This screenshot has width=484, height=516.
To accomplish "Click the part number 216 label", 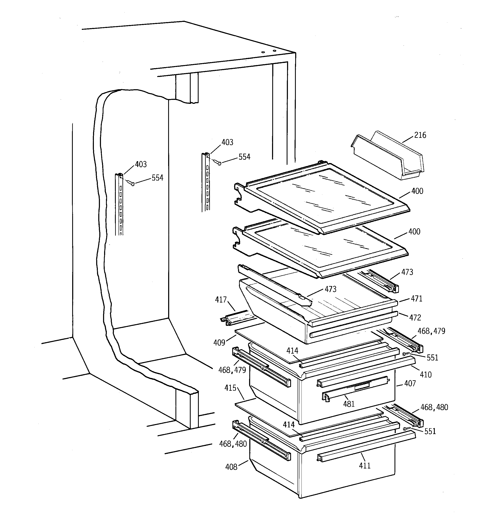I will (x=420, y=135).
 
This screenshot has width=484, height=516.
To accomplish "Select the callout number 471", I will (x=416, y=299).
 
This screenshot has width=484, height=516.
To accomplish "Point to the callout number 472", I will (x=415, y=318).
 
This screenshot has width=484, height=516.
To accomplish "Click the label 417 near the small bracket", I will (x=221, y=300).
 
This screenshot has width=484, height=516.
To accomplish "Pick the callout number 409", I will (x=219, y=343).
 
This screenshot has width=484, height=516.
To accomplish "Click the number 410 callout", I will (x=426, y=374).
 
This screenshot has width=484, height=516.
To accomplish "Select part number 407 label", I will (x=410, y=383).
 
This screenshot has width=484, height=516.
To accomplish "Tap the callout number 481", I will (x=349, y=404).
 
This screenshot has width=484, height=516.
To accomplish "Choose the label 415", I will (x=230, y=388).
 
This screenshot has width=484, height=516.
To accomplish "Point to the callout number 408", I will (x=231, y=467).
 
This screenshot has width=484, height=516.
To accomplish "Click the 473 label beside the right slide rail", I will (x=407, y=272).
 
